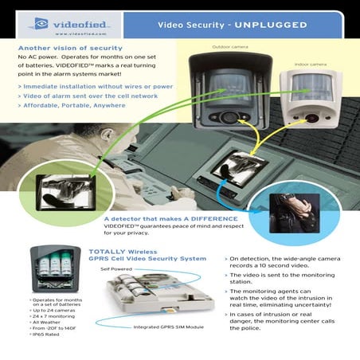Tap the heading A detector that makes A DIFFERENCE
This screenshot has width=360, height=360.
[170, 218]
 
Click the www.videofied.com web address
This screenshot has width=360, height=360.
[76, 34]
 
